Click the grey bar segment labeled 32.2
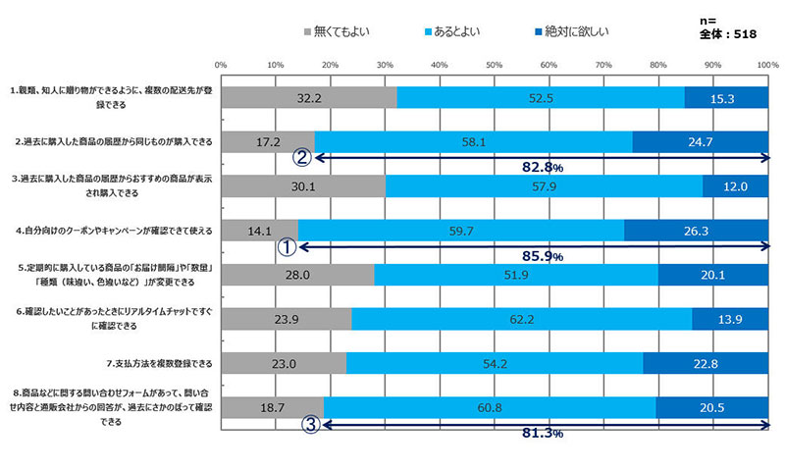pos(309,97)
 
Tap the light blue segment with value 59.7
pos(460,230)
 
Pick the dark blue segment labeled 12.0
pos(736,186)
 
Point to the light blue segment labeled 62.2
pos(522,318)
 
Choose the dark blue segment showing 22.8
pos(706,362)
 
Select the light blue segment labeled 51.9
pos(516,274)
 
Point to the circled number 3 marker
pos(310,425)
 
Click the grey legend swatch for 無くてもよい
pos(308,32)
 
